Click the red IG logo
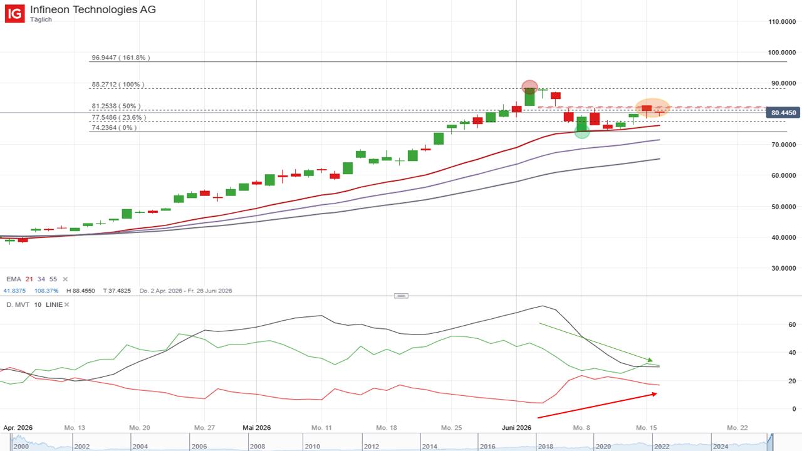(x=14, y=14)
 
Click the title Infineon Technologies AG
(x=93, y=9)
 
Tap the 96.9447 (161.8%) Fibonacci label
(x=121, y=57)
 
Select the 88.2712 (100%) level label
(x=118, y=85)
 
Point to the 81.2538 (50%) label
(x=116, y=106)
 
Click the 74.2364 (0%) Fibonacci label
(x=114, y=128)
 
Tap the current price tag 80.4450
(x=783, y=113)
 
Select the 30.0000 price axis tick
(x=783, y=268)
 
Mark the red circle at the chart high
(x=529, y=86)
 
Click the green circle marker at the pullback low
(x=582, y=132)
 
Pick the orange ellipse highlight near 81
(x=652, y=108)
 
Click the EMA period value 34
(x=41, y=279)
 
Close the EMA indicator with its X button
(x=65, y=279)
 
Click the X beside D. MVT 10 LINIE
(x=66, y=304)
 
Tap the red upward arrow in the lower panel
(x=597, y=405)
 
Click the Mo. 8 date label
(x=581, y=428)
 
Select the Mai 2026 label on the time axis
(x=257, y=428)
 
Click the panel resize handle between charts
(x=401, y=296)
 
